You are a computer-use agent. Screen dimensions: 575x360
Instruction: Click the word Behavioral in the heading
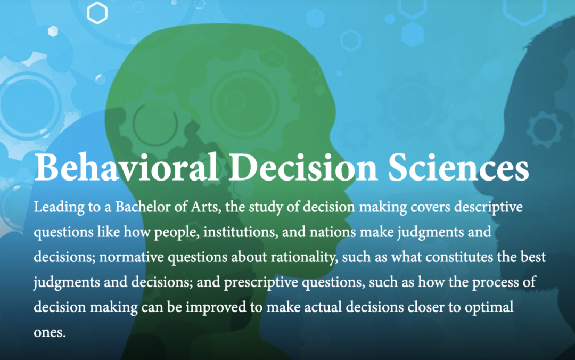127,167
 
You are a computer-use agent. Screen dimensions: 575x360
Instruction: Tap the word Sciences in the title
458,167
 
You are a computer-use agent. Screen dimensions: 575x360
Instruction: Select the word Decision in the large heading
303,167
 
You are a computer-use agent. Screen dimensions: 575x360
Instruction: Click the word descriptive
488,207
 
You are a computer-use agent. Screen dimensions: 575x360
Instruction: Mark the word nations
333,232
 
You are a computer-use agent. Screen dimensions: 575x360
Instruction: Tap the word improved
216,307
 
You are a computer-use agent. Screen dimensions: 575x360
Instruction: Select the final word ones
50,332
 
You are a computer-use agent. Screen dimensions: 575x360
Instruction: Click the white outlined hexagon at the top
97,13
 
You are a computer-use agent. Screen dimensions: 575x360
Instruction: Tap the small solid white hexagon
53,31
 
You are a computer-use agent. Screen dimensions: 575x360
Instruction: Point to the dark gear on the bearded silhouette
544,129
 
